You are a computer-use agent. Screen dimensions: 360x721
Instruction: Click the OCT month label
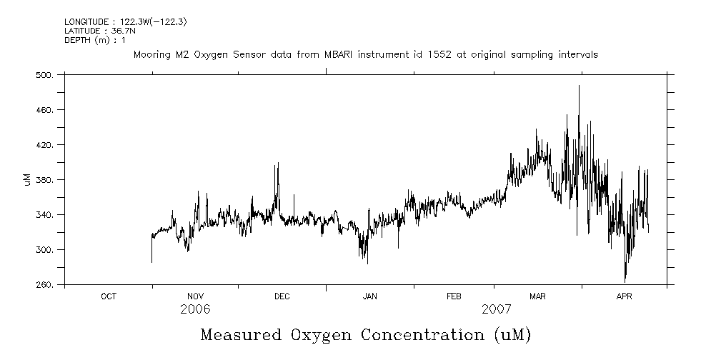(109, 296)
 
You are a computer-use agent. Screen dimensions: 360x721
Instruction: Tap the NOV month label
(195, 296)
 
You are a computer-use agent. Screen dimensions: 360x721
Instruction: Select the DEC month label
(282, 296)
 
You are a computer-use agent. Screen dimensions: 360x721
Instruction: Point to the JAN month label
(369, 296)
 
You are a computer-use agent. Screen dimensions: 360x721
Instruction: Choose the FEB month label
(454, 296)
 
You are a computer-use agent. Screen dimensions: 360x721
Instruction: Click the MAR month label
(537, 296)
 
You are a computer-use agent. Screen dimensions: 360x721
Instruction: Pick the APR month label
(624, 296)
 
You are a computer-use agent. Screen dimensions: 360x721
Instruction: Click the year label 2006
(195, 309)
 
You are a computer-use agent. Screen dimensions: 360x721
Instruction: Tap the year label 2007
(497, 309)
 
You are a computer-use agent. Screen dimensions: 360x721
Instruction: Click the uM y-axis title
(28, 180)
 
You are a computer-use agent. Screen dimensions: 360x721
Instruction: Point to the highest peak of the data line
(579, 86)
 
